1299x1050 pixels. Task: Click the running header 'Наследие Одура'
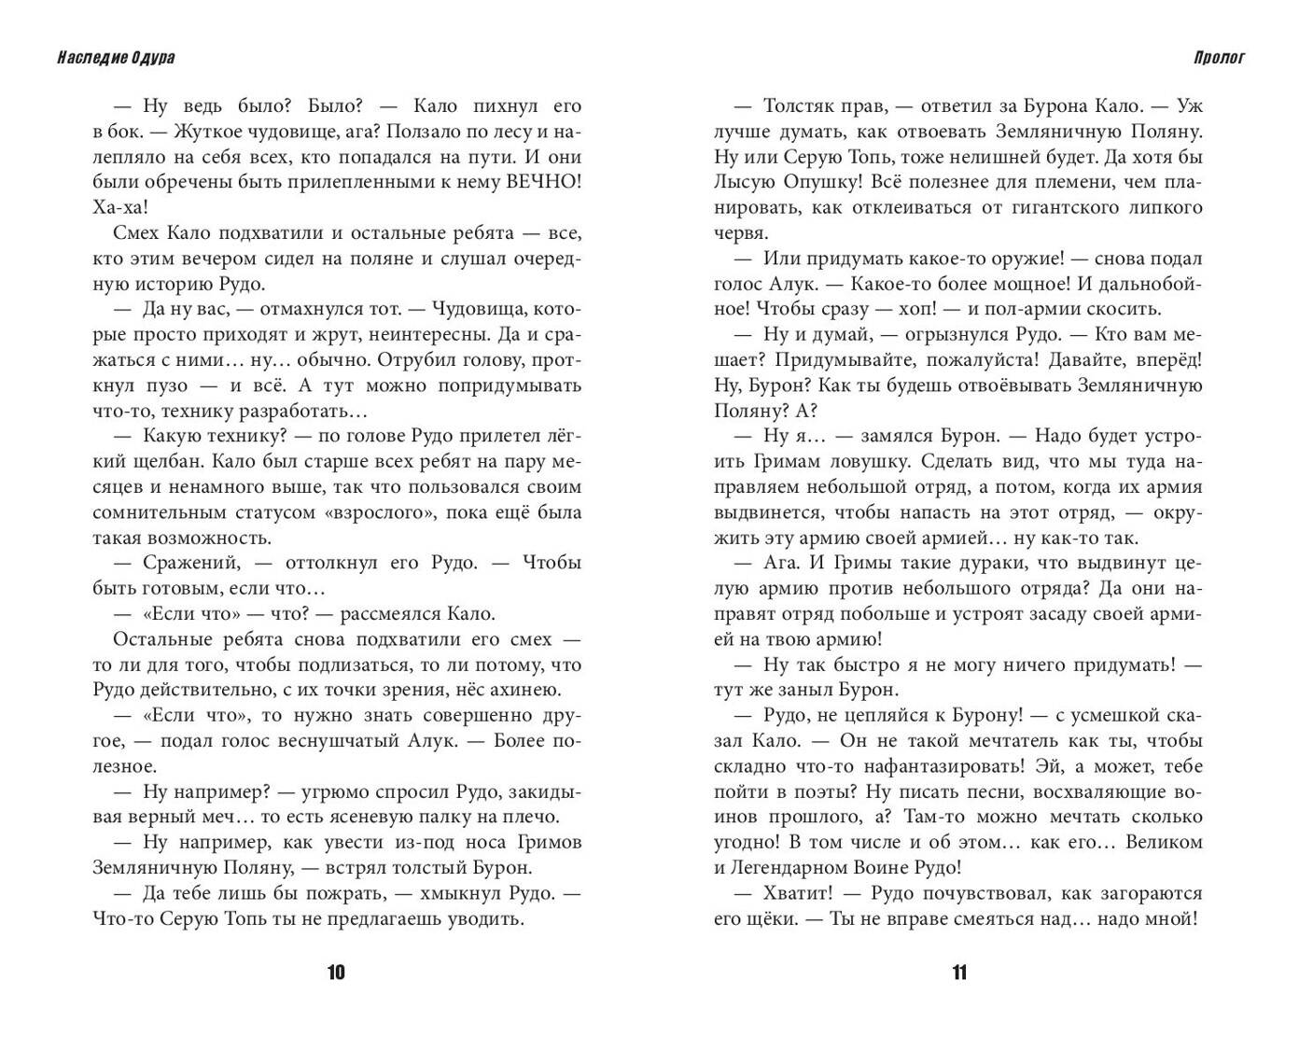pos(115,58)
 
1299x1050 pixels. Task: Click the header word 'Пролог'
pos(1219,58)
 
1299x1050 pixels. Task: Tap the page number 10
pos(336,973)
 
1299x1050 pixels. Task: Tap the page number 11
pos(959,973)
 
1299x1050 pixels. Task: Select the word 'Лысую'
pos(745,182)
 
